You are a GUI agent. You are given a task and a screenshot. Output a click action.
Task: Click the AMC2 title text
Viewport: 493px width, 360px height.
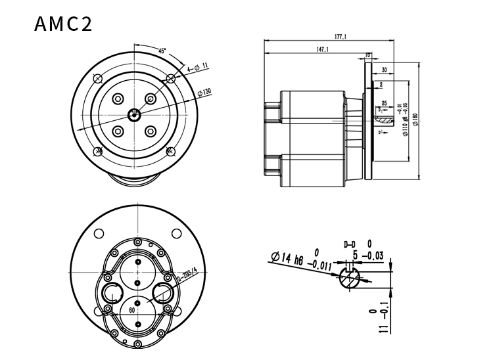click(x=63, y=24)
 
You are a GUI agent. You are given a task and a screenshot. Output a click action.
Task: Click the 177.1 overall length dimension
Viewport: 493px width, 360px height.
click(x=340, y=37)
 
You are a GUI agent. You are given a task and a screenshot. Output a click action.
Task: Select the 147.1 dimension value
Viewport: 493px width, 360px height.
click(x=322, y=49)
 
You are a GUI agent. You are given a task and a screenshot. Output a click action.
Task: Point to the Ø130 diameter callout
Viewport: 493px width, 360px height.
click(x=204, y=92)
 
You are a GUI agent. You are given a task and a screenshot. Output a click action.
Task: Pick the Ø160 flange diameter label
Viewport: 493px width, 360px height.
click(x=415, y=120)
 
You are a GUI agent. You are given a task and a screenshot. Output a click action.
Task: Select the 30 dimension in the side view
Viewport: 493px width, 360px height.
click(x=383, y=69)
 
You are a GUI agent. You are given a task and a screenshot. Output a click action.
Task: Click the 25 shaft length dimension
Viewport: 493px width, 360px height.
click(x=383, y=104)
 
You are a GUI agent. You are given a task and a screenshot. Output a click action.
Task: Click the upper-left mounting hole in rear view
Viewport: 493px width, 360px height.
click(x=99, y=233)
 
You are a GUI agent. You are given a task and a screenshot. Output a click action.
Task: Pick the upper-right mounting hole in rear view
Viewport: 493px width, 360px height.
click(x=176, y=233)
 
